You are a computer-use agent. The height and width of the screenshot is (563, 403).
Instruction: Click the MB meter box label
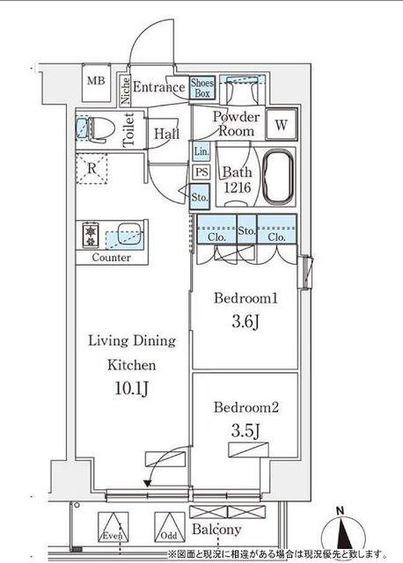point(96,80)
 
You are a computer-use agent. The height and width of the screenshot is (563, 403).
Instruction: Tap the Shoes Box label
point(202,88)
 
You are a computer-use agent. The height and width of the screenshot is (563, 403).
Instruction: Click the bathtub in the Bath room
point(277,177)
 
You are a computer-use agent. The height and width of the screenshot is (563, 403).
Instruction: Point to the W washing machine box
point(282,125)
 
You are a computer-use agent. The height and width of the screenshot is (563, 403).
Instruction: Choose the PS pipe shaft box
point(201,172)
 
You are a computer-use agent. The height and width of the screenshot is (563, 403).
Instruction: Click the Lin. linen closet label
point(201,151)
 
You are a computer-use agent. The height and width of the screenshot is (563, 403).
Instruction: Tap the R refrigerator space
point(92,168)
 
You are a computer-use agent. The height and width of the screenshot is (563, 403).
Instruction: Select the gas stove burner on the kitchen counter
point(91,235)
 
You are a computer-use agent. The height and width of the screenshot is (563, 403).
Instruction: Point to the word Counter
point(112,257)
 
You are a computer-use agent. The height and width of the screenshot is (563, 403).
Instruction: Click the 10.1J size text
point(131,388)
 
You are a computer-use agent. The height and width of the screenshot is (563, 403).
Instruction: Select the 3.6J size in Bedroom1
point(245,322)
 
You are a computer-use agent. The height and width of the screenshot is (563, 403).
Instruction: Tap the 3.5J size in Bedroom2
point(245,430)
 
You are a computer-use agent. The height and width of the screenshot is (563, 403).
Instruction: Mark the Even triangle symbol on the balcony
point(114,527)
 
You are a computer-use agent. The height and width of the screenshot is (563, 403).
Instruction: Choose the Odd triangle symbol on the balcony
point(170,527)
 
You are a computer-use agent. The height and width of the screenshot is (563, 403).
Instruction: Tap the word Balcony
point(216,529)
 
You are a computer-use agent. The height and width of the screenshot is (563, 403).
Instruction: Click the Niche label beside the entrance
point(125,91)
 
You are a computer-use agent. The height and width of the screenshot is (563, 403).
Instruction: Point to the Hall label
point(166,134)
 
